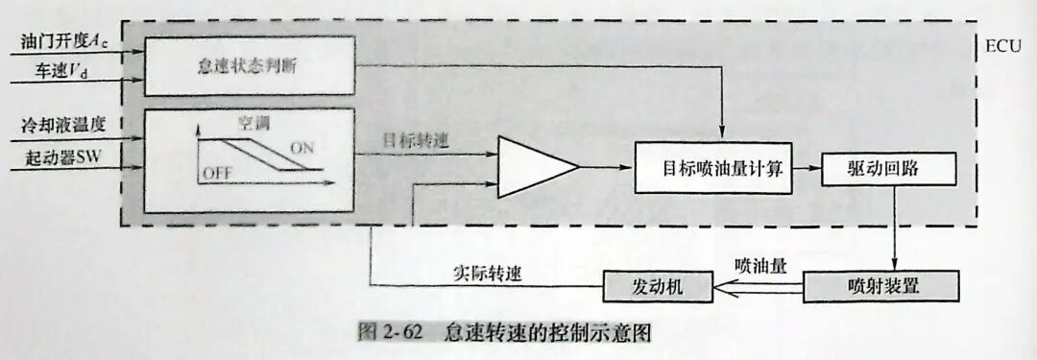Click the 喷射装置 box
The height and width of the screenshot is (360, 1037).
point(880,286)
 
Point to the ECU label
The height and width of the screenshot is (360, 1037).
point(1004,45)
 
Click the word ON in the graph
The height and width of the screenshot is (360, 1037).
point(301,149)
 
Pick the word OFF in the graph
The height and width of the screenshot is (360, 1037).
point(217,173)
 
